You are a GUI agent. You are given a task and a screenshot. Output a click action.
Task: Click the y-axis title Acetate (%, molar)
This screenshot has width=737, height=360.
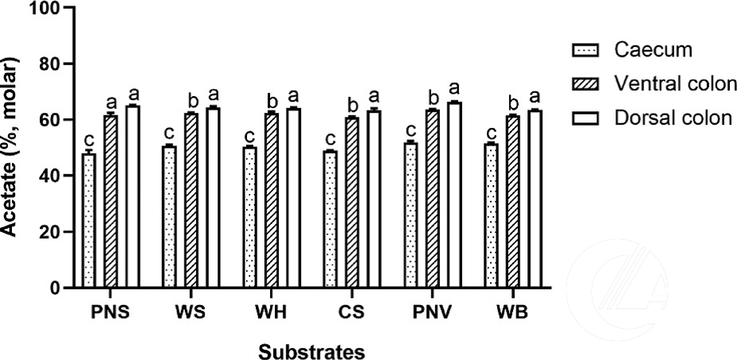[x=11, y=147]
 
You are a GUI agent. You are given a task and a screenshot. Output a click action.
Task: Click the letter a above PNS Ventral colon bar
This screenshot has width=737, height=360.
[x=111, y=103]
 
